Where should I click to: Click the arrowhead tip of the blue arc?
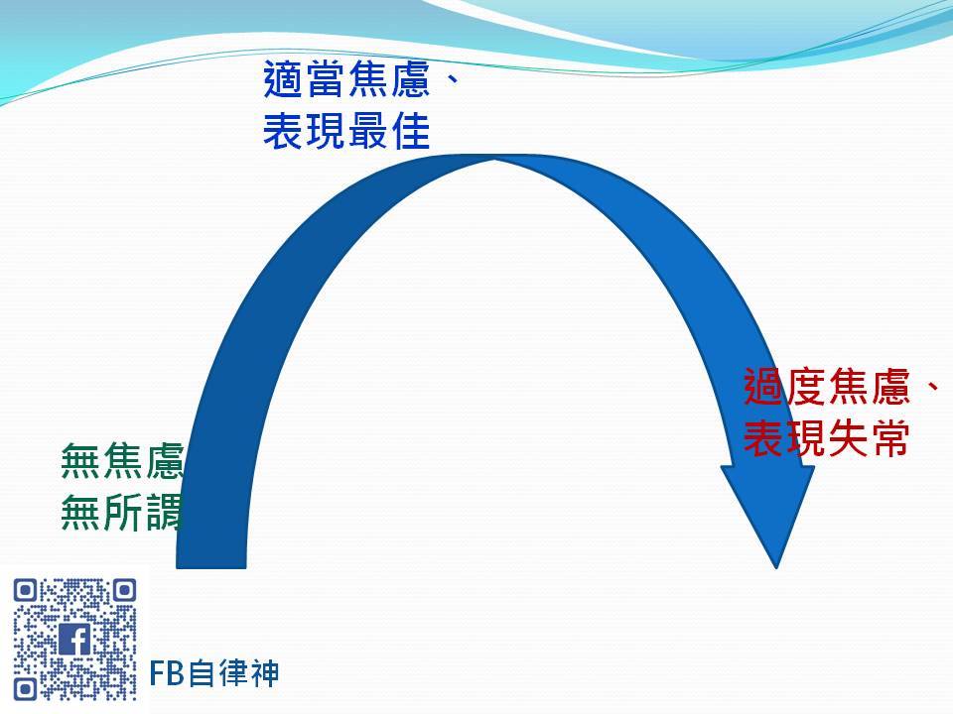tap(776, 567)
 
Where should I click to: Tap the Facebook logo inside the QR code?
tap(74, 640)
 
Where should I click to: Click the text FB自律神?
tap(214, 673)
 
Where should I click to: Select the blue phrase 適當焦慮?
tap(347, 79)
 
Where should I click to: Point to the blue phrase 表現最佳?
tap(347, 131)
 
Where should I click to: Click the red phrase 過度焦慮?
tap(827, 387)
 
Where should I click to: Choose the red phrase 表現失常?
tap(827, 438)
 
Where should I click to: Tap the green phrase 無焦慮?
tap(122, 461)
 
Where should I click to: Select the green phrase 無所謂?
tap(122, 513)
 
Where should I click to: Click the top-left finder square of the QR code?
tap(26, 590)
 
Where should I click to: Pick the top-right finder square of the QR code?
tap(125, 590)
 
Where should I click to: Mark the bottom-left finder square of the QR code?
tap(26, 689)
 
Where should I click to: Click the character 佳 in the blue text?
tap(411, 131)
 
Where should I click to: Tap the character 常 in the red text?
tap(890, 438)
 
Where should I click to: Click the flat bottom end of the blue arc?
tap(210, 567)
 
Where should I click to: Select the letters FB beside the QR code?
tap(167, 673)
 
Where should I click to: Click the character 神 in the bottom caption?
tap(264, 673)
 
